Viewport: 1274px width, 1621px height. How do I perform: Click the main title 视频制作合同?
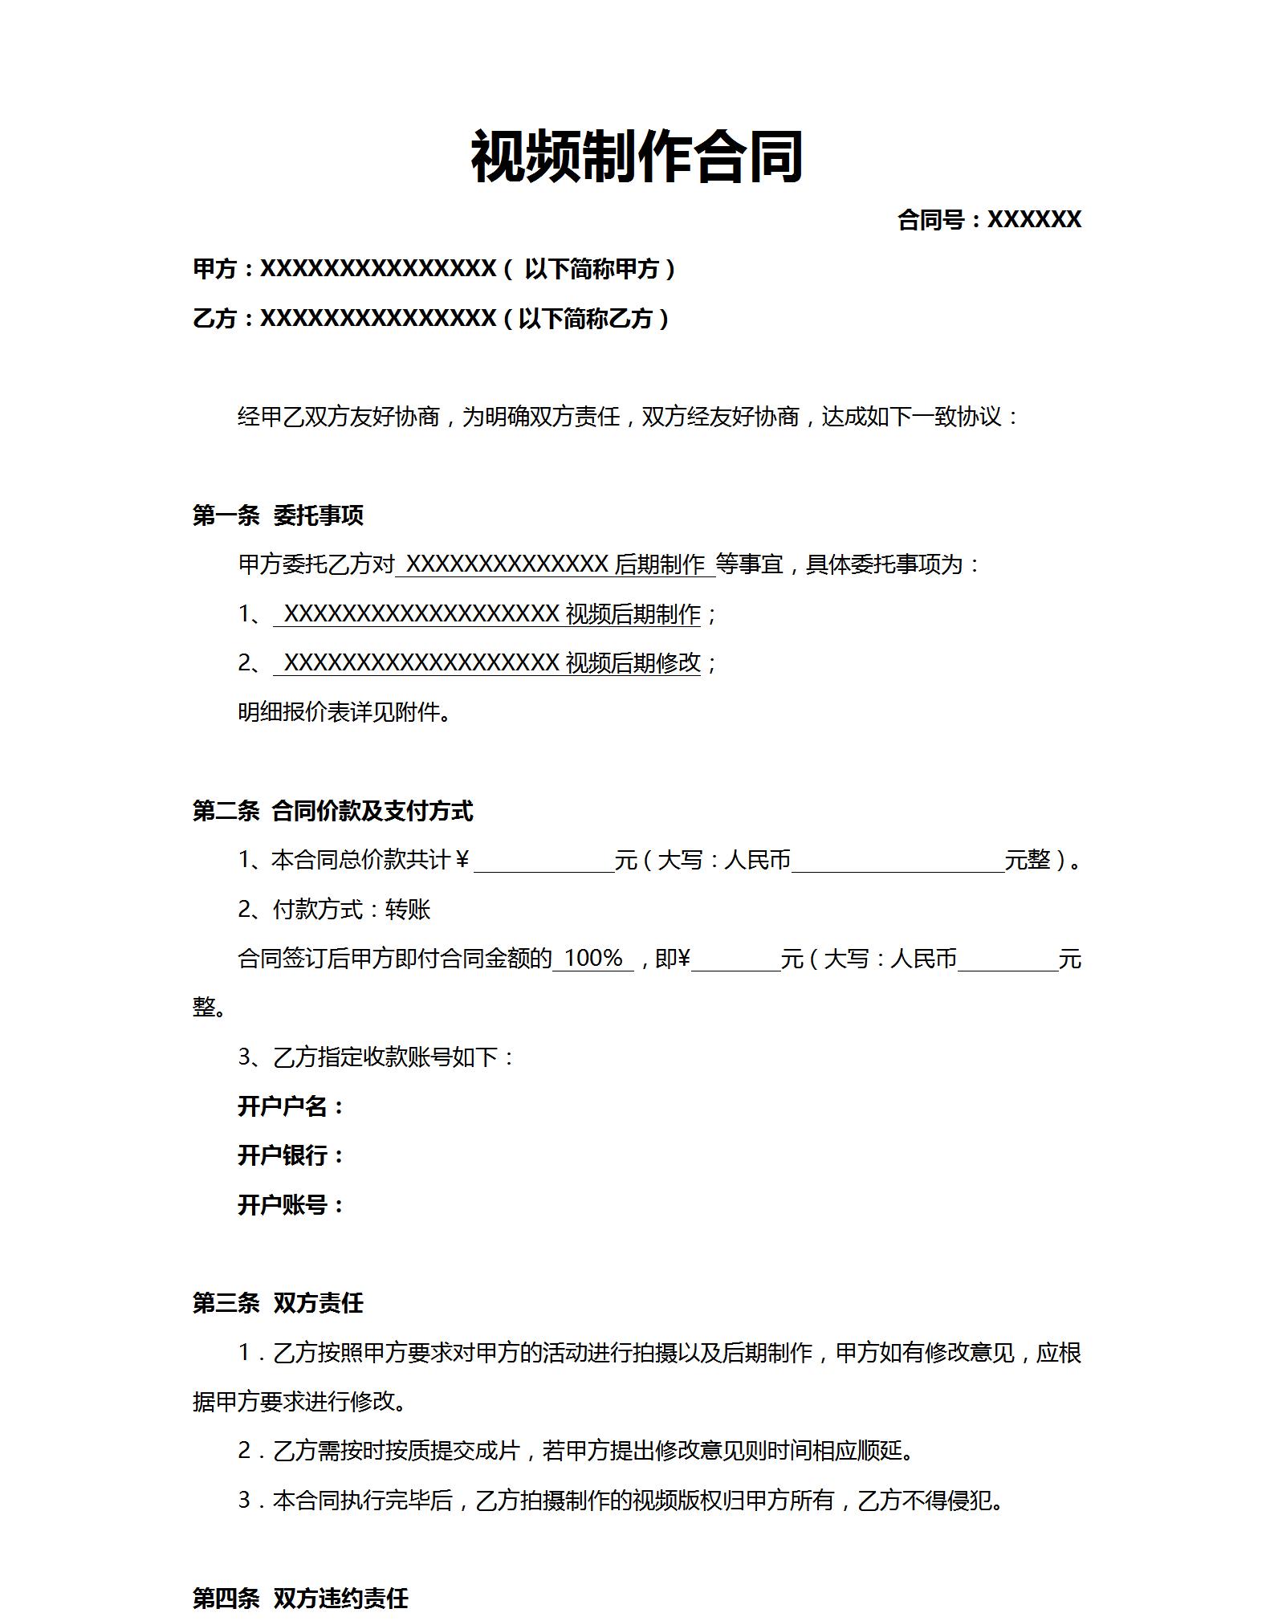(x=637, y=157)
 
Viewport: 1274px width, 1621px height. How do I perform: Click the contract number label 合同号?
(x=931, y=219)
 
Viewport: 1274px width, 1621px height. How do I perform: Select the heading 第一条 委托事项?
(x=278, y=515)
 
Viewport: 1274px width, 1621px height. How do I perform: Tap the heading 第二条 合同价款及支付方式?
(x=332, y=811)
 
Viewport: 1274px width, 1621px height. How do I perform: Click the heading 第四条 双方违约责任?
(x=300, y=1598)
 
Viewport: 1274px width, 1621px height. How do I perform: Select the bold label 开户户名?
(x=290, y=1106)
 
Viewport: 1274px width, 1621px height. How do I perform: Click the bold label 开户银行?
(x=290, y=1155)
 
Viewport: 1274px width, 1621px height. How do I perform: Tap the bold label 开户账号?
(x=290, y=1204)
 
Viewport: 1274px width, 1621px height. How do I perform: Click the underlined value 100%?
(x=593, y=958)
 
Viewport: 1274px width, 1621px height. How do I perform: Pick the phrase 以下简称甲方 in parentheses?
(x=592, y=269)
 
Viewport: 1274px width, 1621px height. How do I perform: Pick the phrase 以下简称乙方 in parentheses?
(x=585, y=319)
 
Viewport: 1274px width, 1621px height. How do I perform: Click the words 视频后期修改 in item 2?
(x=633, y=663)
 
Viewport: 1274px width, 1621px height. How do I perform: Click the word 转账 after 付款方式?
(x=408, y=910)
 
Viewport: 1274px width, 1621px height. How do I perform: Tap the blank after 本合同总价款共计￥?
(x=543, y=861)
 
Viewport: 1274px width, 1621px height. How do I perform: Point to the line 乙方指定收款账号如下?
(x=377, y=1057)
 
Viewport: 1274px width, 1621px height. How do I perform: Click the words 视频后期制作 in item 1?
(x=633, y=614)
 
